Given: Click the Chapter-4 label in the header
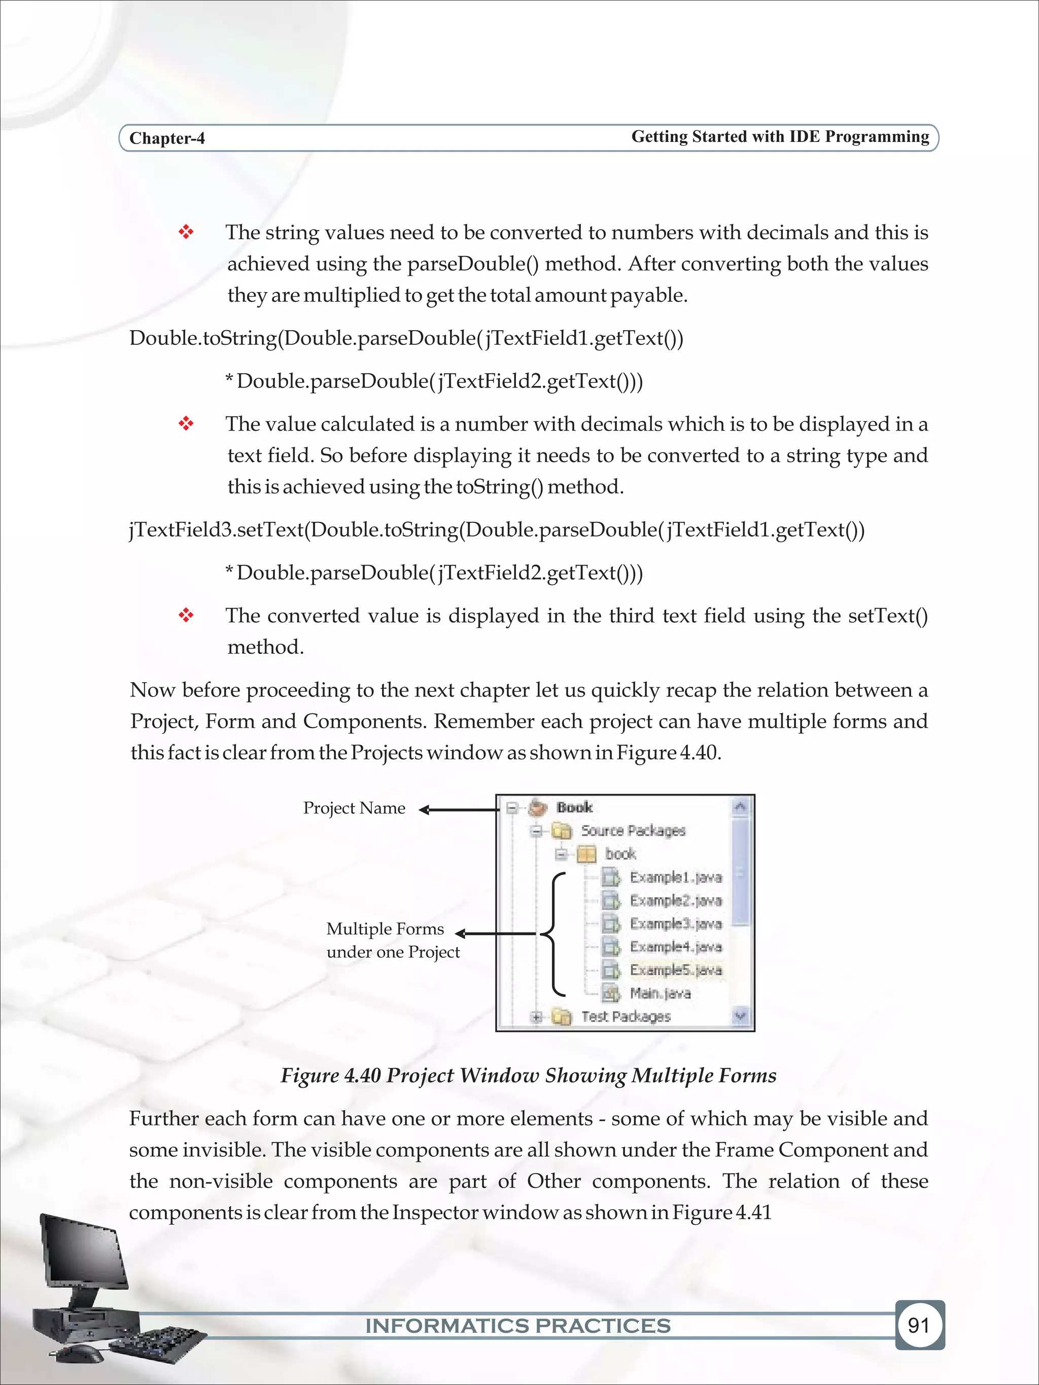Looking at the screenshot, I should pos(166,138).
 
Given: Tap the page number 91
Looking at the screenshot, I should pos(918,1325).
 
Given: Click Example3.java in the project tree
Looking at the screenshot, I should pos(675,924).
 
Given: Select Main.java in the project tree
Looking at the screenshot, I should pos(660,993).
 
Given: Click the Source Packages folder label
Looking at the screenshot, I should pos(633,831).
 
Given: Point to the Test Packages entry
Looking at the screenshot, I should pos(625,1016).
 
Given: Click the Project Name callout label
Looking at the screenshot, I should pos(354,808).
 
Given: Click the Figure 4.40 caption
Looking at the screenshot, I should pos(528,1075).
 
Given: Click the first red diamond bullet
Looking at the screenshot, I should pos(186,232).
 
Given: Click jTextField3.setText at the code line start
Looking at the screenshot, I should pos(217,529).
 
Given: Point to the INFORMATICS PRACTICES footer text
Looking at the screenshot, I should pos(518,1326).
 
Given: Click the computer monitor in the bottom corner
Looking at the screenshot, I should pos(81,1252).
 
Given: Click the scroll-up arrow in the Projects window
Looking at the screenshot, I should pos(740,806).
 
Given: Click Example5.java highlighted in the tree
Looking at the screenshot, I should pos(675,970).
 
